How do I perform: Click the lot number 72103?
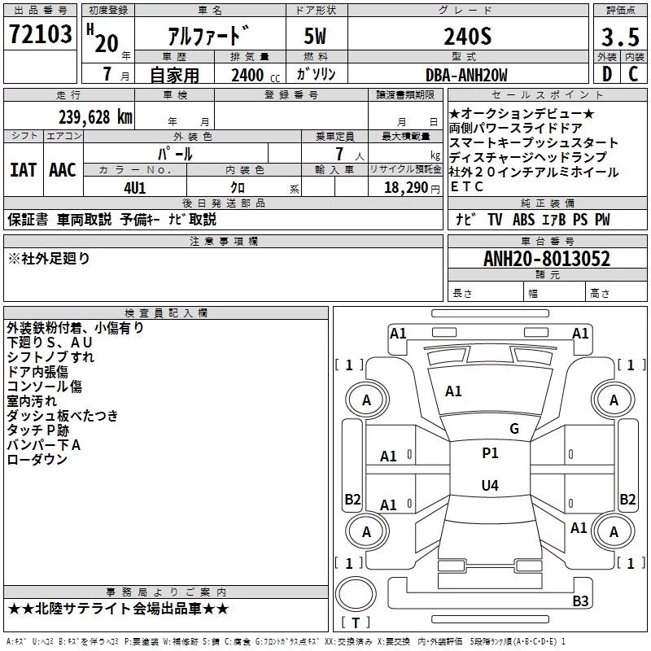coord(40,34)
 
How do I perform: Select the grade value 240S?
coord(467,36)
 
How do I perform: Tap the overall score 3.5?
coord(620,37)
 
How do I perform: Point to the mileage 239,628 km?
coord(95,117)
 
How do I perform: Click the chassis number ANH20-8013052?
coord(547,259)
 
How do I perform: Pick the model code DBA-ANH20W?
coord(466,75)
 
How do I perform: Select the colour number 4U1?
coord(135,188)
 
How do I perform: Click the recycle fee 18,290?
coord(406,188)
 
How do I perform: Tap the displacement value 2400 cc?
coord(256,75)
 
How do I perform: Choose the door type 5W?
coord(315,36)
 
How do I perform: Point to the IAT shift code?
coord(24,170)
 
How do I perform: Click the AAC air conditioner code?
coord(63,170)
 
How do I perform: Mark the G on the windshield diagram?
coord(514,429)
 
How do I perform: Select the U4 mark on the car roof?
coord(490,485)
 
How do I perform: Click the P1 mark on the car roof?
coord(490,453)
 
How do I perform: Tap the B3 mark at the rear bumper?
coord(580,601)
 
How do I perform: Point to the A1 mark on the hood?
coord(453,391)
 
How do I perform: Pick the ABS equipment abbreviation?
coord(523,220)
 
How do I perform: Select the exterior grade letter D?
coord(607,74)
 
